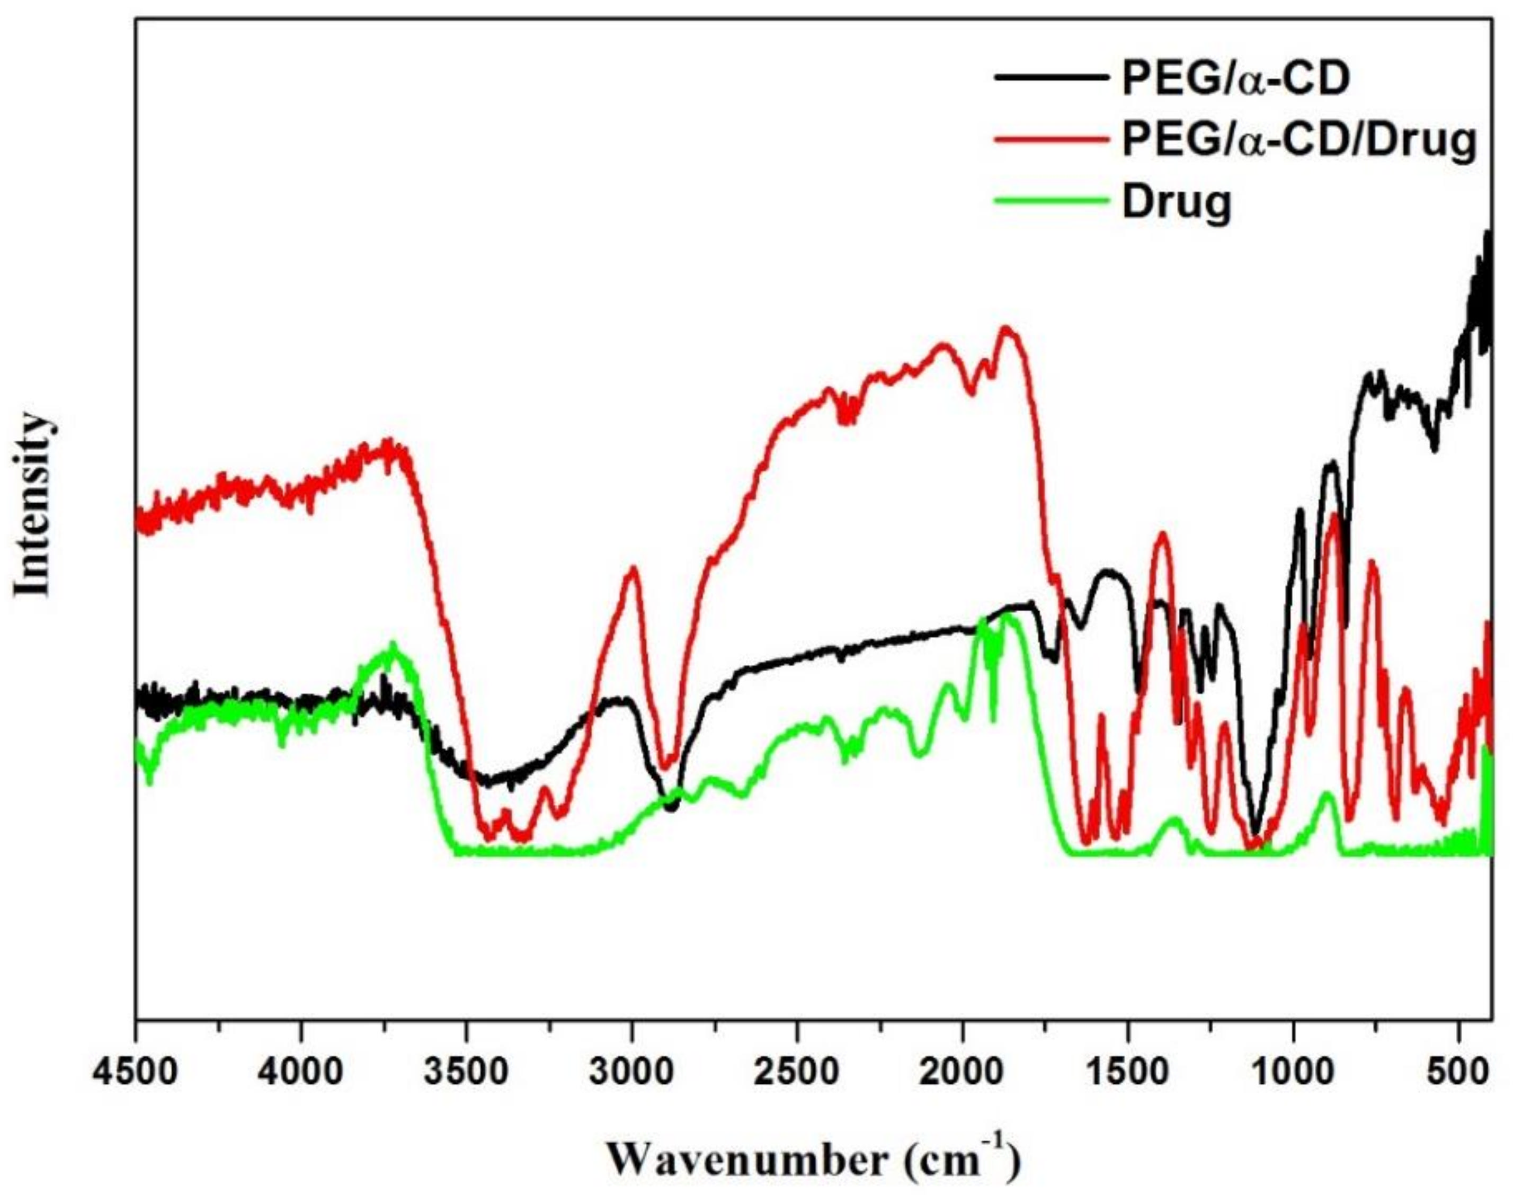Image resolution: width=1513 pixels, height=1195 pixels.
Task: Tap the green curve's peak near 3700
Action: click(393, 644)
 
